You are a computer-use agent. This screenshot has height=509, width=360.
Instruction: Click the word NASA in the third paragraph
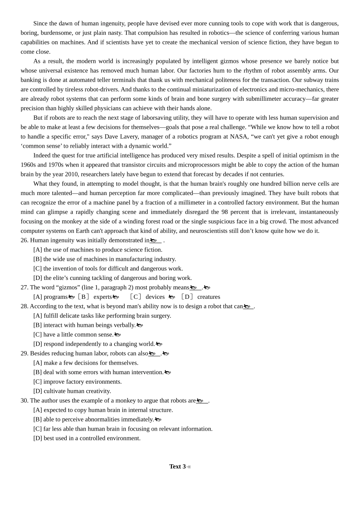(239, 136)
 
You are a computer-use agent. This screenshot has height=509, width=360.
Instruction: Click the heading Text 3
(177, 467)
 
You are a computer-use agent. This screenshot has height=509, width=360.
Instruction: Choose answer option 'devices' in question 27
(155, 297)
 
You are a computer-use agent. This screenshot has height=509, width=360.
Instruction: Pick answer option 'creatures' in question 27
(208, 297)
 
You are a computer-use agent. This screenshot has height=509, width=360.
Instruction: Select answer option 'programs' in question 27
(55, 297)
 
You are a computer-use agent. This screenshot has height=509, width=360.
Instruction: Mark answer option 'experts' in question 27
(103, 297)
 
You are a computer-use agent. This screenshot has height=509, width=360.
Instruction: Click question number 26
(24, 240)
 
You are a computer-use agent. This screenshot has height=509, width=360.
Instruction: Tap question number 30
(24, 400)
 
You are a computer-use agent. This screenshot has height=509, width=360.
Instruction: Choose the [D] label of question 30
(38, 438)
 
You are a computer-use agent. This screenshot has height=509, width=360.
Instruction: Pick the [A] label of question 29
(38, 363)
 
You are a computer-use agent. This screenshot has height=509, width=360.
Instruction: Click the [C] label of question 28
(38, 334)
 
